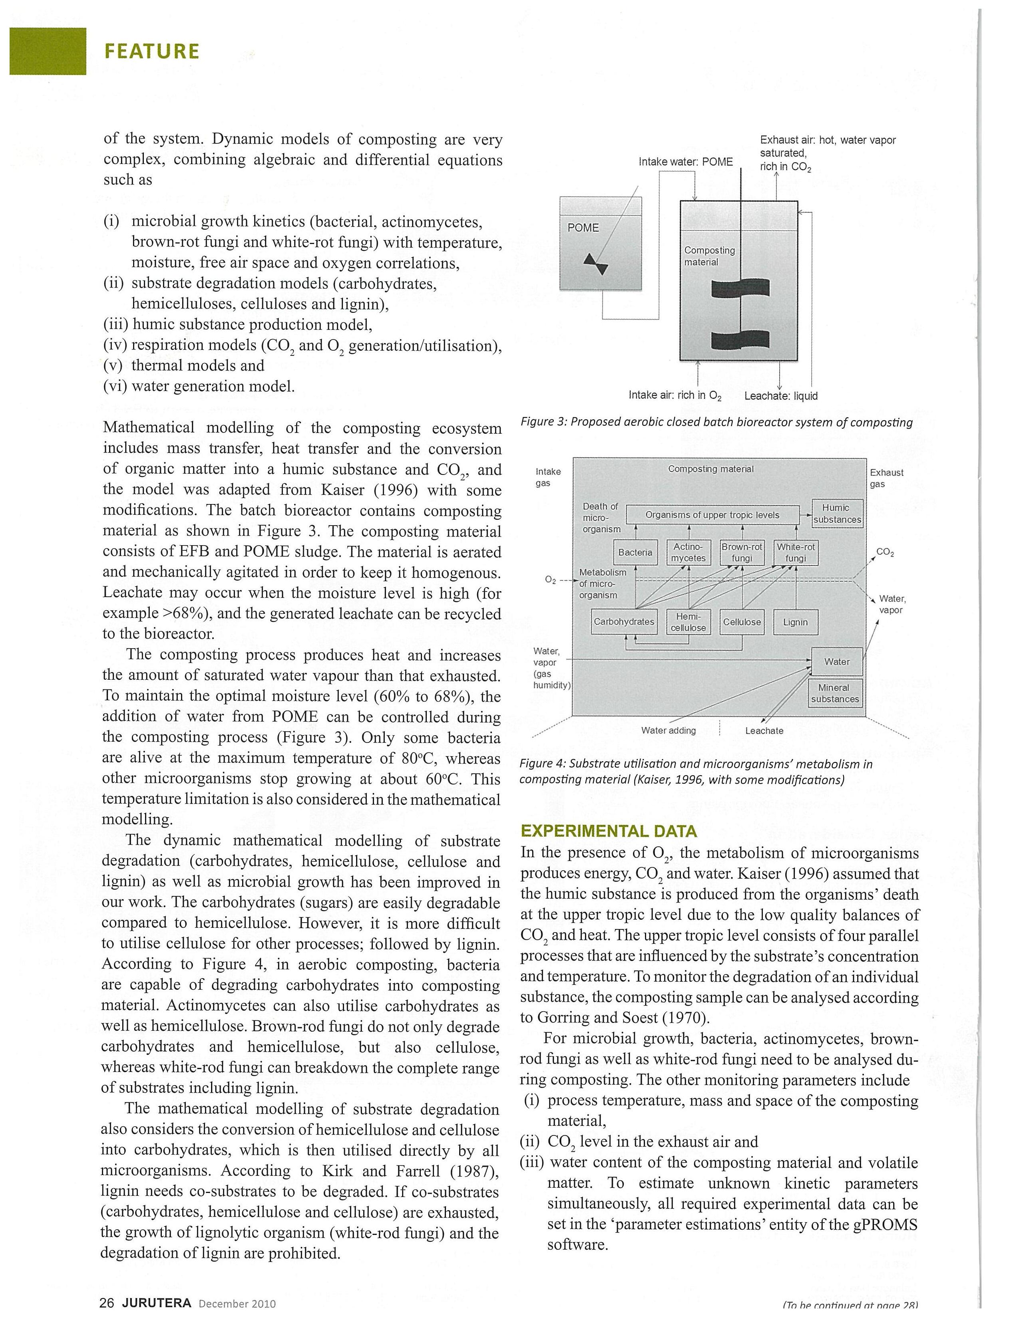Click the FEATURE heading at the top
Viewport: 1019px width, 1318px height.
tap(151, 51)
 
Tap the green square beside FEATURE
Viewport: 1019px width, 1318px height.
tap(48, 51)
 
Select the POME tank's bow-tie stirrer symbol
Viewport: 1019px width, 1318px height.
tap(595, 263)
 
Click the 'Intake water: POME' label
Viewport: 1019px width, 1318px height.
tap(685, 162)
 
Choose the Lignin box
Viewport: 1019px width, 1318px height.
tap(795, 622)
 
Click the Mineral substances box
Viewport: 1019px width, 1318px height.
tap(835, 693)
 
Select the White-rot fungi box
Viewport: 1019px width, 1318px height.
tap(795, 553)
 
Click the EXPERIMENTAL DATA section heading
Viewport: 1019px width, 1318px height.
tap(609, 831)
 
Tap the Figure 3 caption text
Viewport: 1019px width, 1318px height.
tap(716, 422)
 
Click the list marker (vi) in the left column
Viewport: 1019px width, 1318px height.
tap(115, 386)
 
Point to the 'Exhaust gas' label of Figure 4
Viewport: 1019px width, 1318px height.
tap(886, 478)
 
